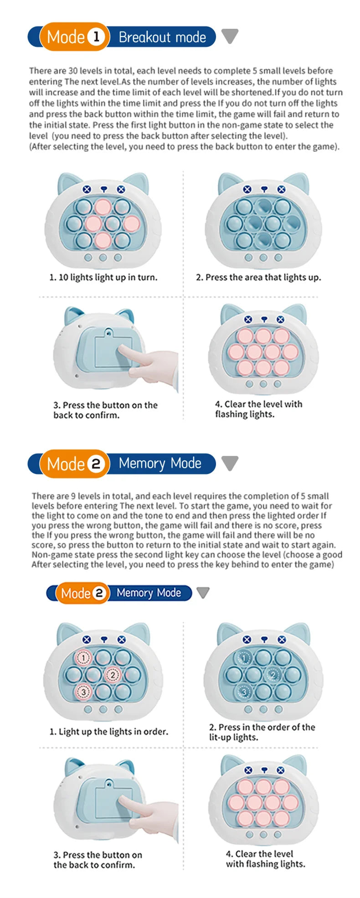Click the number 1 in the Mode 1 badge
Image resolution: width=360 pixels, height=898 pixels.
[x=96, y=37]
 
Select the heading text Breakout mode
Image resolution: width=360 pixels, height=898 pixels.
[x=162, y=37]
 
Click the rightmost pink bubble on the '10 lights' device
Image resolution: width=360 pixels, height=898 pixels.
[x=131, y=223]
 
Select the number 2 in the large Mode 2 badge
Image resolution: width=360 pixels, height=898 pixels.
[x=96, y=464]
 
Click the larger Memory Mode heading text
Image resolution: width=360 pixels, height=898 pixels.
[x=160, y=464]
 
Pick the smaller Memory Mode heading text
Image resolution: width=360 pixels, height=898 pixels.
[x=149, y=593]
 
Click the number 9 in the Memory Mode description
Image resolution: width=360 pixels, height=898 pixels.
[x=73, y=496]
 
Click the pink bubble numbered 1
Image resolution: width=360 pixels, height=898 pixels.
[x=83, y=658]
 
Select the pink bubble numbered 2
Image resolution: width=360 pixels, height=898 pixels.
[x=113, y=675]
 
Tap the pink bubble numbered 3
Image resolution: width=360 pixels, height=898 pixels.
[x=83, y=692]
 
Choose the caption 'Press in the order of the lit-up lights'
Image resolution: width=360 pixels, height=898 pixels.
[x=262, y=732]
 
